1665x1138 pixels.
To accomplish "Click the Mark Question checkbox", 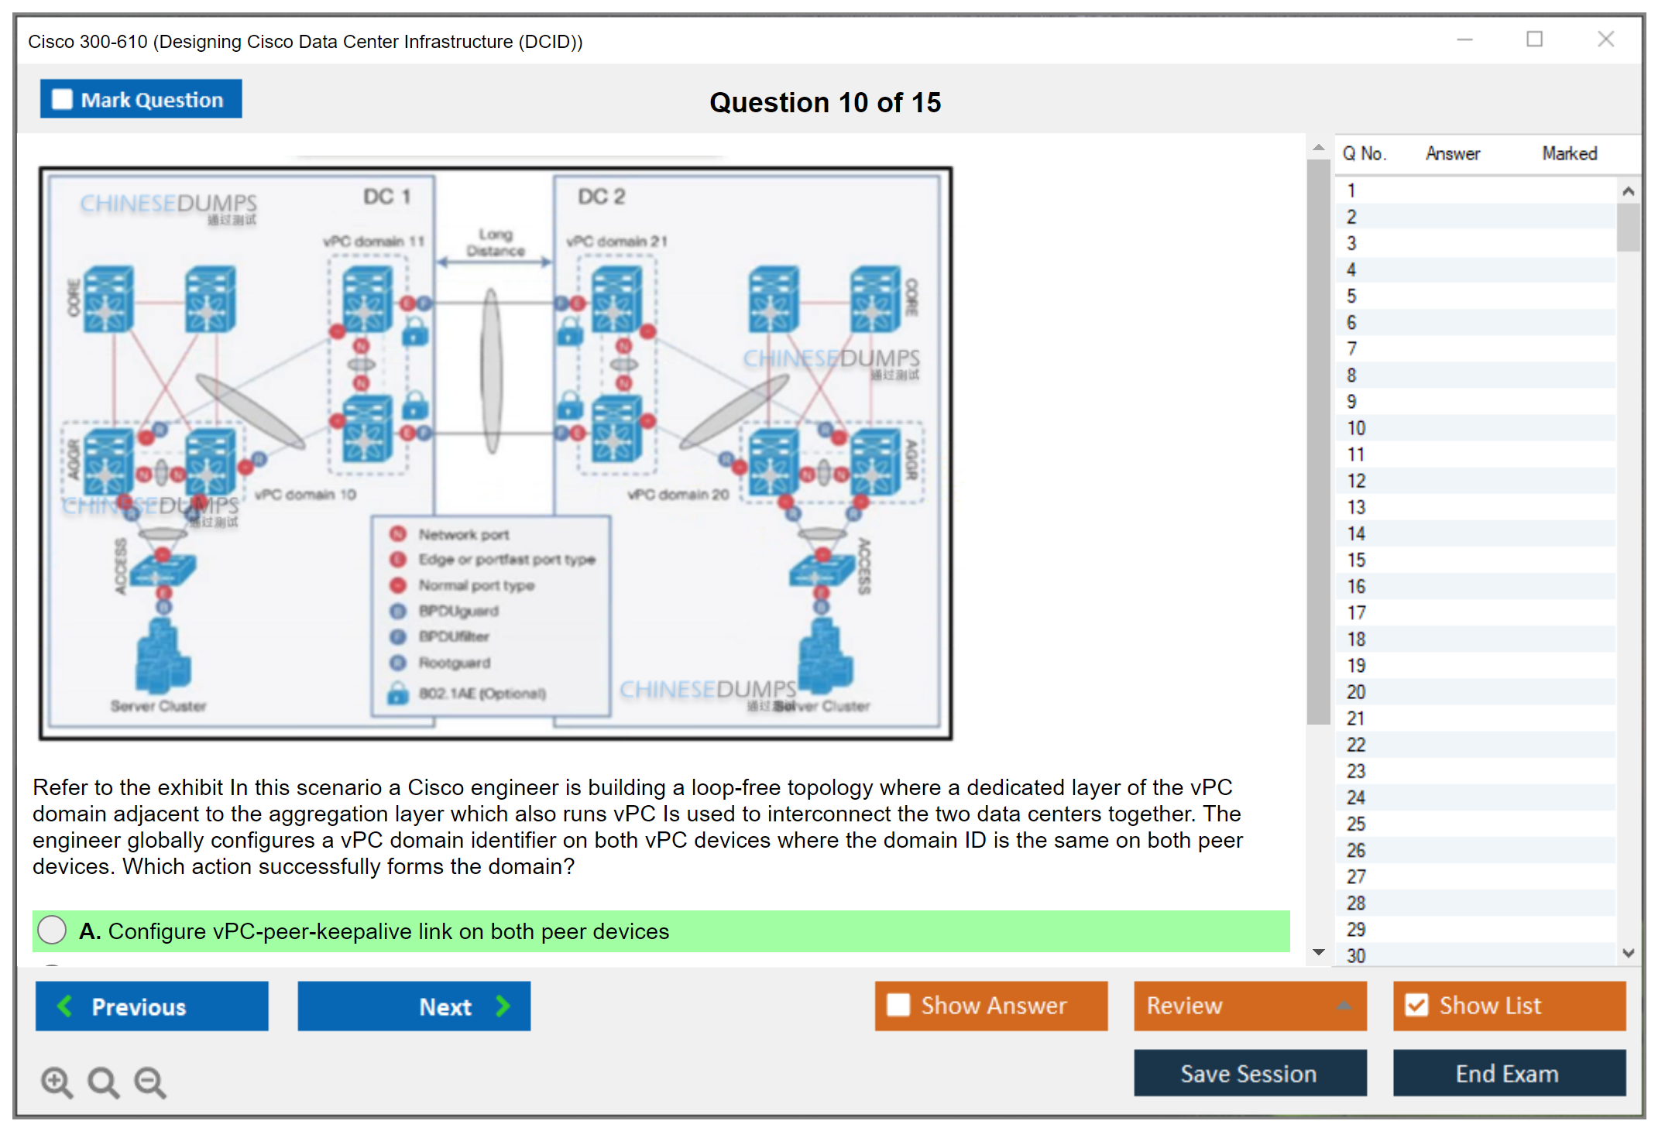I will tap(62, 100).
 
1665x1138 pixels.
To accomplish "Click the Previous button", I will tap(152, 1006).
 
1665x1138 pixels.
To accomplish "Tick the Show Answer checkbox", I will tap(898, 1005).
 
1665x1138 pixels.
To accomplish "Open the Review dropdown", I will tap(1249, 1006).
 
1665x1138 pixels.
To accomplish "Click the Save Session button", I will tap(1249, 1074).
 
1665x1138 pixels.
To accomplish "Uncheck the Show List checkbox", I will tap(1416, 1005).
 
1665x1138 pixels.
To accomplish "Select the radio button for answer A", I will tap(52, 931).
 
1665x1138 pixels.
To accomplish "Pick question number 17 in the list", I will tap(1356, 613).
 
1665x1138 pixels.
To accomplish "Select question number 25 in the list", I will tap(1356, 824).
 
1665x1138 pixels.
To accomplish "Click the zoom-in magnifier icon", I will tap(57, 1081).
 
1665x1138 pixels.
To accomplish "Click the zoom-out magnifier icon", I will tap(149, 1081).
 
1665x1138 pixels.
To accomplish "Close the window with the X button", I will tap(1605, 39).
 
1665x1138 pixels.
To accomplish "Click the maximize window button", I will tap(1534, 39).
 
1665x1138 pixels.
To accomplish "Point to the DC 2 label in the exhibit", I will tap(601, 197).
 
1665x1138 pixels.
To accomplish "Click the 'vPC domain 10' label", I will tap(305, 495).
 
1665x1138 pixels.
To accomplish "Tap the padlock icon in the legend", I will tap(398, 693).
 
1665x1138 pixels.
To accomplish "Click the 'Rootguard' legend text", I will tap(455, 663).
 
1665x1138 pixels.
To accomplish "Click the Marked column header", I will tap(1569, 154).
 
